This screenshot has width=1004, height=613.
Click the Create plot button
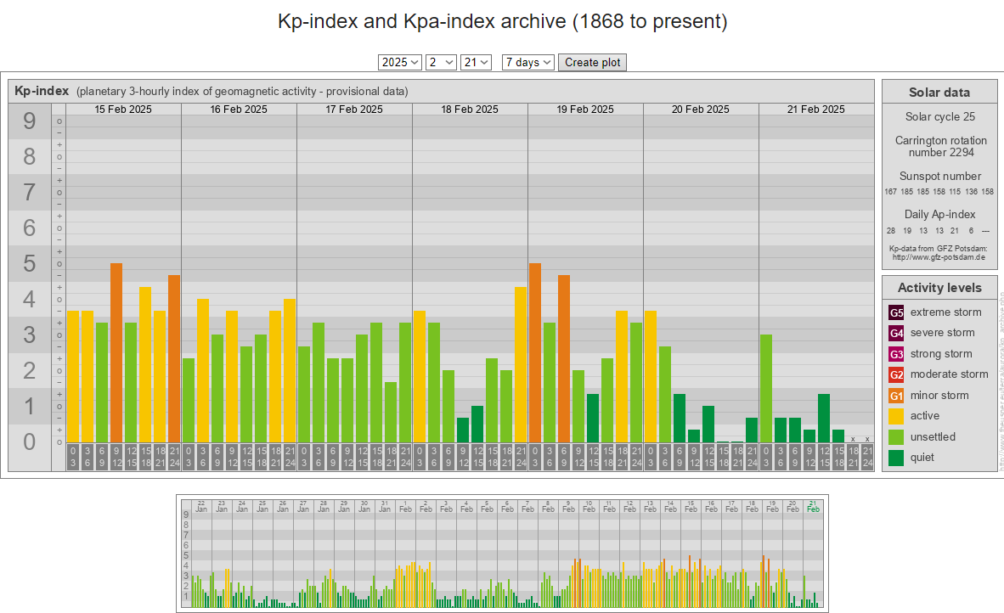coord(592,62)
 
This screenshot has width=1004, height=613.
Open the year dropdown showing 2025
coord(400,62)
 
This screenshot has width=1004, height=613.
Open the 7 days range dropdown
coord(528,62)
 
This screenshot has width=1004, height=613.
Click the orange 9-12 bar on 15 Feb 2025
coord(116,352)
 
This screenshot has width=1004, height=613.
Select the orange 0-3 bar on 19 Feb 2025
coord(535,352)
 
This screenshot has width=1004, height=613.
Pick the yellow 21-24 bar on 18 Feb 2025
coord(521,364)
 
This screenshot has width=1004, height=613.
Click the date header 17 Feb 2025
coord(354,110)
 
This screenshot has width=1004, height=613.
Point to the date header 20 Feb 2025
coord(701,110)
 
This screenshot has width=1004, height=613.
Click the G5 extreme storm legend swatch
coord(897,312)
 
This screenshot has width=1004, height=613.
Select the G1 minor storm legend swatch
coord(897,396)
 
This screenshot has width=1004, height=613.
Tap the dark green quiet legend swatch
coord(897,458)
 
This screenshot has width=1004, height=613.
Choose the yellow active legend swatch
coord(897,416)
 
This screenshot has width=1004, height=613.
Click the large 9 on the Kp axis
coord(30,121)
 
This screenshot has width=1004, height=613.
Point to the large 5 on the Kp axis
coord(30,264)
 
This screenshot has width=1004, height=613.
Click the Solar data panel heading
coord(939,93)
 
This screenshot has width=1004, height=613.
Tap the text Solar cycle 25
coord(939,116)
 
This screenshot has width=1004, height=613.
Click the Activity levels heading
coord(939,288)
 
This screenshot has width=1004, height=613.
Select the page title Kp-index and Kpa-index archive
coord(502,22)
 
